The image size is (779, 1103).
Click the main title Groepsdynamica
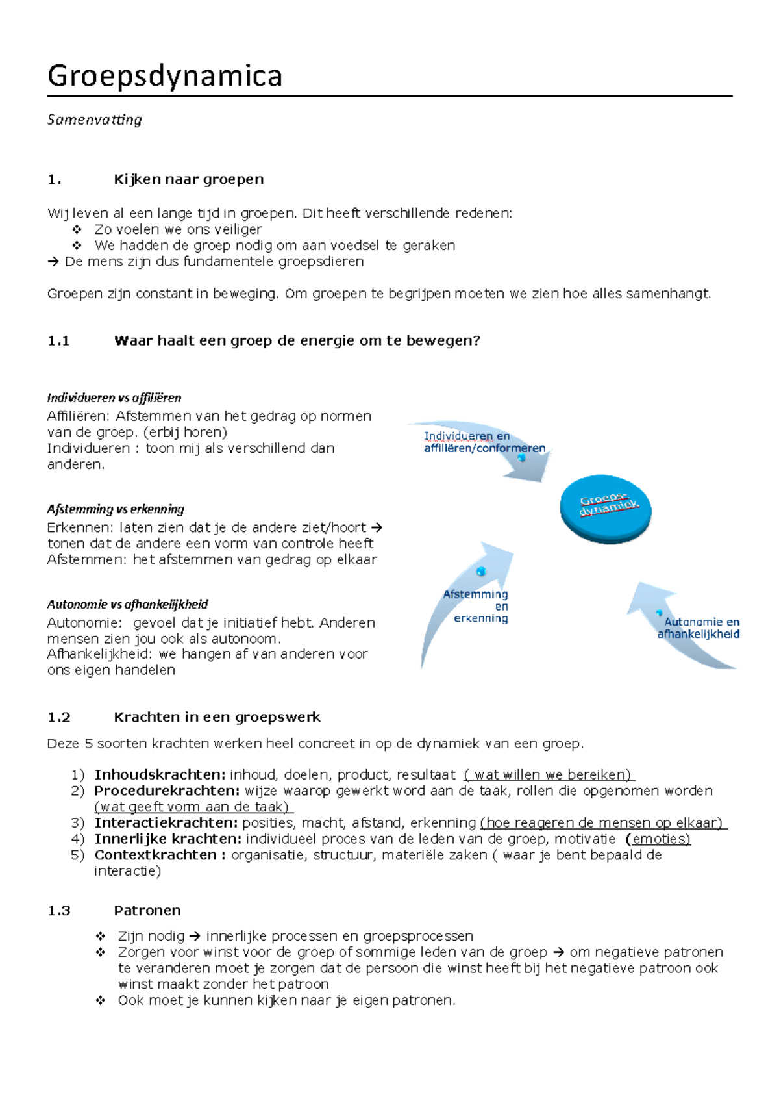pyautogui.click(x=165, y=77)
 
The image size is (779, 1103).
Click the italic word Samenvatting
pyautogui.click(x=95, y=120)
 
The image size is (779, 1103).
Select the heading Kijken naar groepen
pyautogui.click(x=188, y=179)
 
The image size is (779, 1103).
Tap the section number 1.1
pyautogui.click(x=58, y=341)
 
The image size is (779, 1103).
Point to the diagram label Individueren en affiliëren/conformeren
pyautogui.click(x=484, y=442)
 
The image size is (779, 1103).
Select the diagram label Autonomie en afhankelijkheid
pyautogui.click(x=699, y=628)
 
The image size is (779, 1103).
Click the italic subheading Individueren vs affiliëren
pyautogui.click(x=114, y=398)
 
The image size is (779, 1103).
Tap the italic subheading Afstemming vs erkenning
pyautogui.click(x=116, y=509)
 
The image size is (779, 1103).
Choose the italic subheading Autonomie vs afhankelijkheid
pyautogui.click(x=127, y=604)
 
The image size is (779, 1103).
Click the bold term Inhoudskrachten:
pyautogui.click(x=160, y=775)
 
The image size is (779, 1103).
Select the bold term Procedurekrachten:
pyautogui.click(x=167, y=791)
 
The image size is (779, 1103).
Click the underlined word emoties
pyautogui.click(x=661, y=839)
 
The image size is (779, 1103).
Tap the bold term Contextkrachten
pyautogui.click(x=156, y=855)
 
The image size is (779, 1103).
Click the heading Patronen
pyautogui.click(x=147, y=911)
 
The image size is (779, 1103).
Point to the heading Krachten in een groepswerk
pyautogui.click(x=217, y=717)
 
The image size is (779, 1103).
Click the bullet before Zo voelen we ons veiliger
pyautogui.click(x=77, y=229)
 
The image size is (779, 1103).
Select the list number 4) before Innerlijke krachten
pyautogui.click(x=78, y=839)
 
